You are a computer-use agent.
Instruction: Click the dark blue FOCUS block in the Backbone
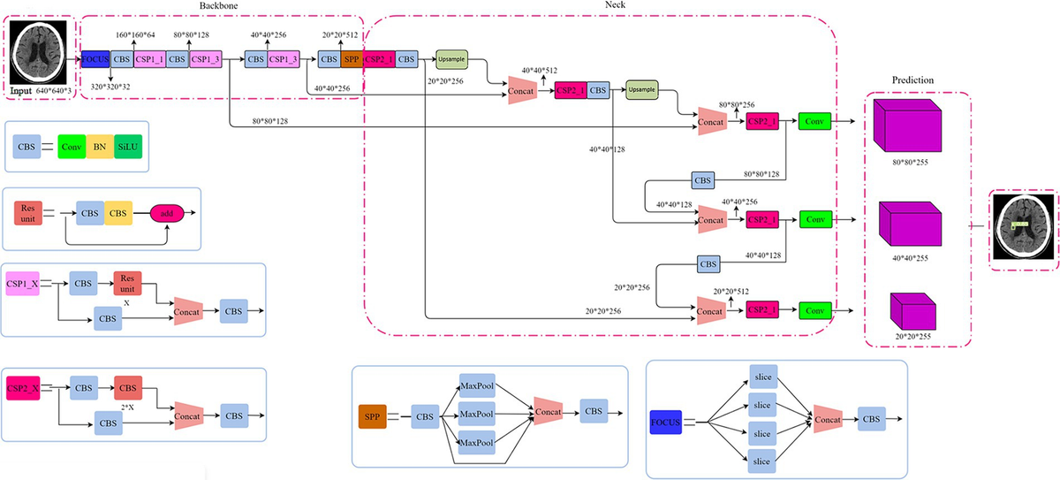(x=95, y=60)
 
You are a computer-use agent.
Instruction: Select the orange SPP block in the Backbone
(x=351, y=60)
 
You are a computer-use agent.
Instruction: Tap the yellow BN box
(x=100, y=146)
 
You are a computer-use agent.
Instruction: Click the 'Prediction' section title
(x=914, y=80)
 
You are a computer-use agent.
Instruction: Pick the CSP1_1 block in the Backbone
(x=149, y=60)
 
